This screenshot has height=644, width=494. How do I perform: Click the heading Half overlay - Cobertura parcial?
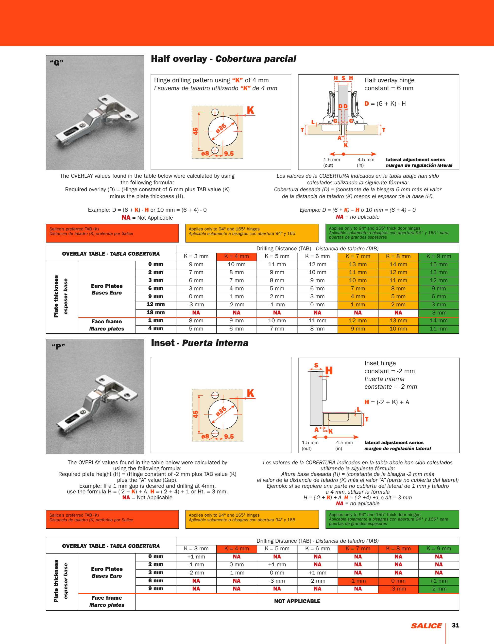pyautogui.click(x=223, y=59)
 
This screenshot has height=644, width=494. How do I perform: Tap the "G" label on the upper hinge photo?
pyautogui.click(x=56, y=63)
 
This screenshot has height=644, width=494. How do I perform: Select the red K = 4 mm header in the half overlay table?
pyautogui.click(x=237, y=256)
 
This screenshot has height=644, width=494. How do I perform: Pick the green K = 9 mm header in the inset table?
pyautogui.click(x=438, y=548)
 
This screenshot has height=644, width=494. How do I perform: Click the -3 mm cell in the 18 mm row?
pyautogui.click(x=438, y=313)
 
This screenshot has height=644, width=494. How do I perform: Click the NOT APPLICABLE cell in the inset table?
pyautogui.click(x=297, y=601)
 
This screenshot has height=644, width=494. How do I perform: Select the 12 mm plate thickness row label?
pyautogui.click(x=155, y=304)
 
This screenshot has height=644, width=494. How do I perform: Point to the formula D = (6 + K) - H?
pyautogui.click(x=385, y=104)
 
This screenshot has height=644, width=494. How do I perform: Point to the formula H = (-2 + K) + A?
pyautogui.click(x=387, y=402)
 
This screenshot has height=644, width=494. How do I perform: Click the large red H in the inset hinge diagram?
pyautogui.click(x=329, y=370)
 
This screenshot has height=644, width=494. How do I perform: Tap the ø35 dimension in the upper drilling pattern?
pyautogui.click(x=221, y=128)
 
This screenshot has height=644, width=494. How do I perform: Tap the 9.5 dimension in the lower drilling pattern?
pyautogui.click(x=229, y=436)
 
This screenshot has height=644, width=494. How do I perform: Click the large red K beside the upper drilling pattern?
pyautogui.click(x=250, y=111)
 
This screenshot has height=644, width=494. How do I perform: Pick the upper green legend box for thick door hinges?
pyautogui.click(x=392, y=233)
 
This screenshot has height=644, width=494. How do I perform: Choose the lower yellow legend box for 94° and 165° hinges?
pyautogui.click(x=252, y=519)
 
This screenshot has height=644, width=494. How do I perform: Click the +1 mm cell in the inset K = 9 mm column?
pyautogui.click(x=438, y=581)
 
